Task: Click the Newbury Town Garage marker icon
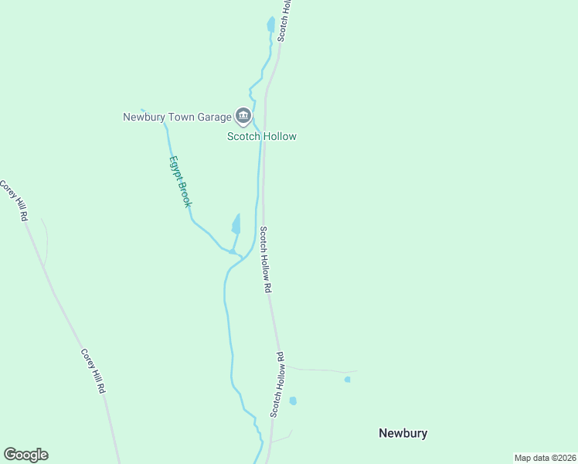point(244,117)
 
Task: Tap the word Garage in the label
point(213,117)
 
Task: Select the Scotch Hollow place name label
point(261,136)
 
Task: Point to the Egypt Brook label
point(180,182)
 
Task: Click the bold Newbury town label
point(403,433)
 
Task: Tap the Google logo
point(25,455)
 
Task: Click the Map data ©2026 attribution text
point(545,458)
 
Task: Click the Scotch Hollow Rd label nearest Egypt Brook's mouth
point(267,259)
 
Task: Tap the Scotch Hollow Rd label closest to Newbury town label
point(277,385)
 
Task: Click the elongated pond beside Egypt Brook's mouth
point(236,225)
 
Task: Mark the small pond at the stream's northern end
point(270,24)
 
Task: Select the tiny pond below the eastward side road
point(347,380)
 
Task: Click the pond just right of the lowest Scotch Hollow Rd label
point(293,401)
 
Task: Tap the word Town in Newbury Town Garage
point(181,117)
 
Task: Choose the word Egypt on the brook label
point(175,169)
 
